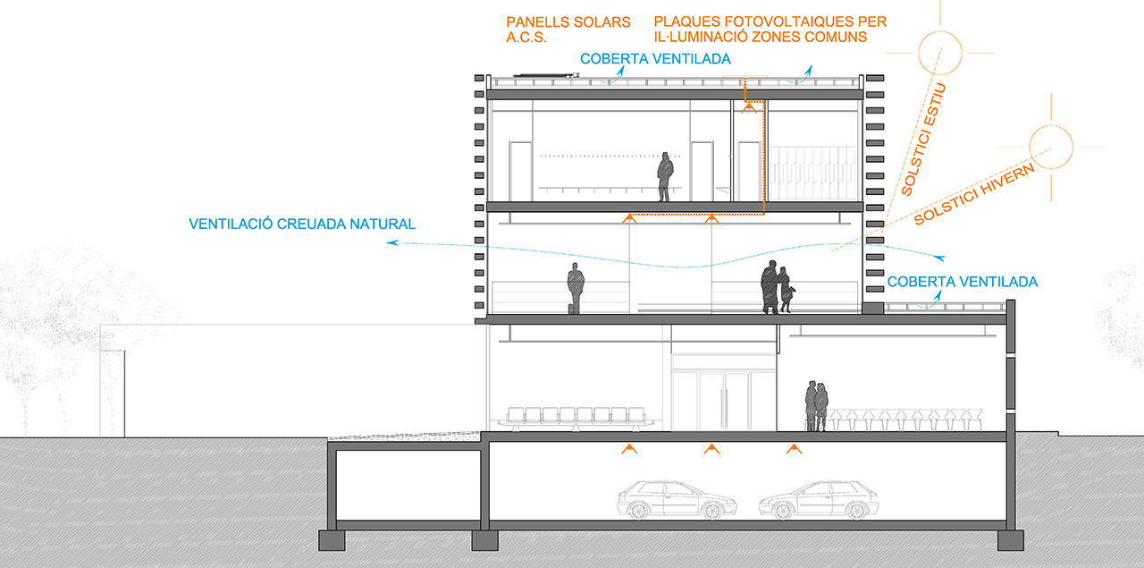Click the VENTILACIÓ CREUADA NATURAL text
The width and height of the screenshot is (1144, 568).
pos(302,224)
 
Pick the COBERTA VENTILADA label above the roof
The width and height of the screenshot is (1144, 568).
pos(655,59)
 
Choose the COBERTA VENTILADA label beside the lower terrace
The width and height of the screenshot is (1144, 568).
pos(963,282)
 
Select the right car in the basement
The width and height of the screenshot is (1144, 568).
pos(814,500)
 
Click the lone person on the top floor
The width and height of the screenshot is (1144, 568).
pos(665,176)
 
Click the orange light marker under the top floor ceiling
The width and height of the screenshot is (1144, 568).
pos(756,106)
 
